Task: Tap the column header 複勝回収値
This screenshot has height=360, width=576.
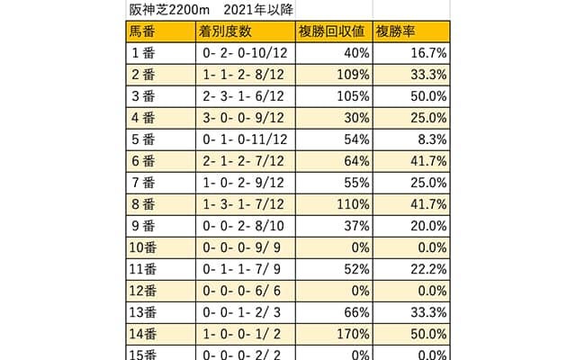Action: click(330, 32)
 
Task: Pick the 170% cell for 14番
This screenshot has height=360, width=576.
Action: click(351, 335)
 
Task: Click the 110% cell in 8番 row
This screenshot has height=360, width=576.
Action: click(351, 205)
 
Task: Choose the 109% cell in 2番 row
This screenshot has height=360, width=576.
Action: click(351, 76)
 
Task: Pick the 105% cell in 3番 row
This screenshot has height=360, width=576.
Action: click(351, 97)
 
